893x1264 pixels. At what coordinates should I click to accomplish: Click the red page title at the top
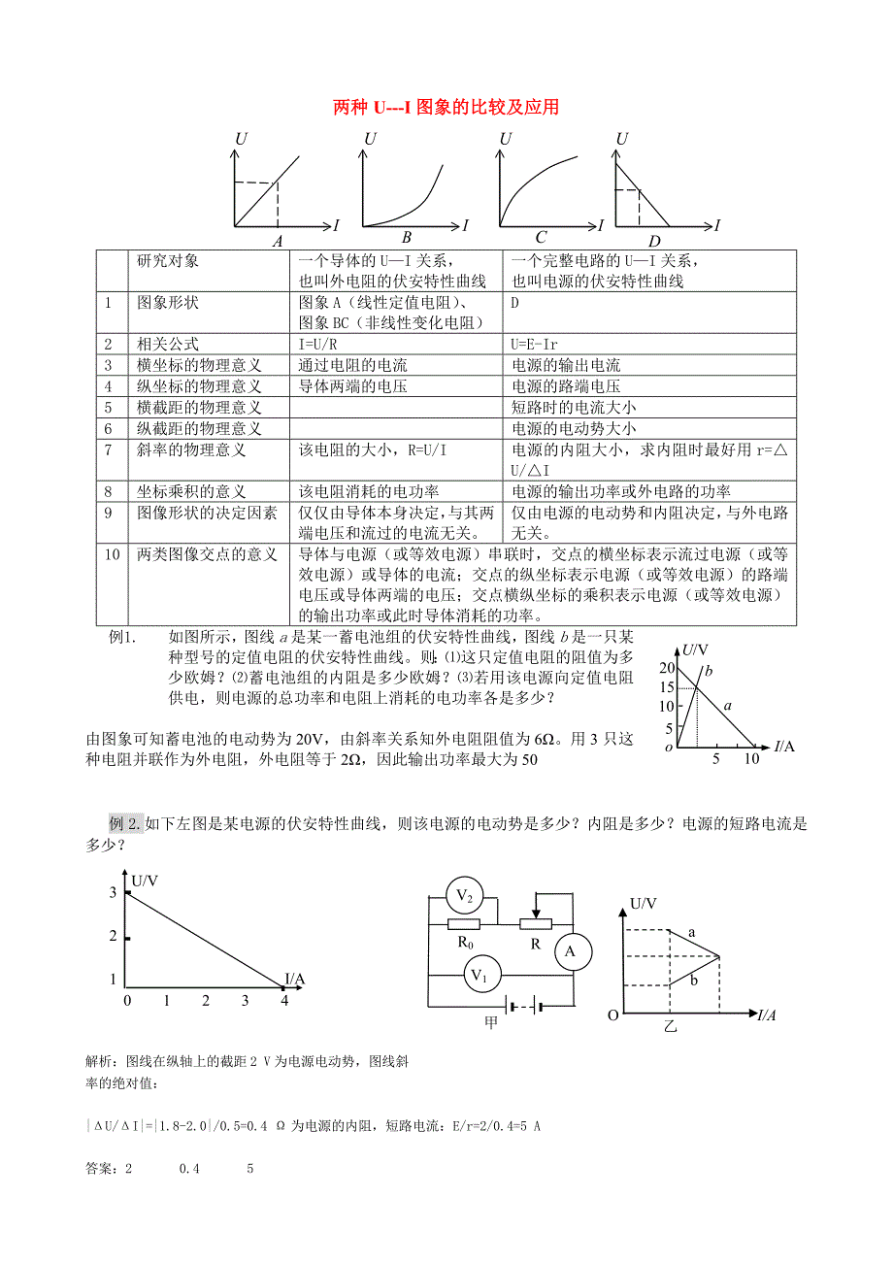[446, 107]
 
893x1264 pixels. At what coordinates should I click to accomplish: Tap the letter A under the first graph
[278, 241]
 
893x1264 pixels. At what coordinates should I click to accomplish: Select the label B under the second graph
[407, 238]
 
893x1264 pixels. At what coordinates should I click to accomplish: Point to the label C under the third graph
[541, 238]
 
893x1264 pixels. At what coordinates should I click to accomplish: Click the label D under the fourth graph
[654, 242]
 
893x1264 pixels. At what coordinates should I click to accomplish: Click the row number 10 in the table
[113, 554]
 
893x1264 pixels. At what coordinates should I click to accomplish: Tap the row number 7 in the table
[110, 449]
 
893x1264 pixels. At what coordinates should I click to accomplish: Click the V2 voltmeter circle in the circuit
[463, 894]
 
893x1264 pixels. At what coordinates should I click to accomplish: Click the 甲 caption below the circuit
[491, 1022]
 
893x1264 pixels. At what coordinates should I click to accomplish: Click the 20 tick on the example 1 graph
[665, 667]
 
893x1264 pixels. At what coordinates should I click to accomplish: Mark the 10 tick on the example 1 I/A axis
[751, 760]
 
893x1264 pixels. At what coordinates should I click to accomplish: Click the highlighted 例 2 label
[127, 824]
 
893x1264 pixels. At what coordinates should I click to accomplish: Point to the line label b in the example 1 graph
[708, 670]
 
